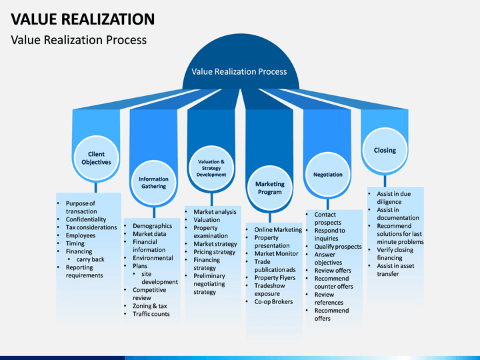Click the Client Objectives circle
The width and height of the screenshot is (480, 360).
pyautogui.click(x=96, y=158)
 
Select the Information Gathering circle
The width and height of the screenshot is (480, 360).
pyautogui.click(x=154, y=183)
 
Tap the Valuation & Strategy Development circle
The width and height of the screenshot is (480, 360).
pyautogui.click(x=211, y=168)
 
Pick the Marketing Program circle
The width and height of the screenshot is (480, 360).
pyautogui.click(x=270, y=188)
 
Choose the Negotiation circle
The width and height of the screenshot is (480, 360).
pyautogui.click(x=328, y=175)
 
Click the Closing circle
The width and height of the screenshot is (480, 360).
pyautogui.click(x=385, y=150)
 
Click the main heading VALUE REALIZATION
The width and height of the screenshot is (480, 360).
pyautogui.click(x=83, y=19)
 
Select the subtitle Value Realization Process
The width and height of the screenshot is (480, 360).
pyautogui.click(x=79, y=40)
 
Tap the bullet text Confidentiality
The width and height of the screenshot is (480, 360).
pyautogui.click(x=86, y=219)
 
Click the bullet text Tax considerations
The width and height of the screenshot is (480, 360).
pyautogui.click(x=91, y=227)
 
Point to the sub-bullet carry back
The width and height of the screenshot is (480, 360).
pyautogui.click(x=90, y=259)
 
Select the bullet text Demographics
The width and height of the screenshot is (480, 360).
pyautogui.click(x=152, y=226)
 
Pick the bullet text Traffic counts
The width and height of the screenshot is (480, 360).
pyautogui.click(x=151, y=314)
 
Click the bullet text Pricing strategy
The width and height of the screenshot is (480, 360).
pyautogui.click(x=214, y=252)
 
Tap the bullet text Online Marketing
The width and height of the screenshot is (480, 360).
pyautogui.click(x=278, y=229)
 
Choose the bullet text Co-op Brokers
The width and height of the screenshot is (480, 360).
pyautogui.click(x=273, y=301)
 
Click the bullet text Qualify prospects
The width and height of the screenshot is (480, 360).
pyautogui.click(x=338, y=247)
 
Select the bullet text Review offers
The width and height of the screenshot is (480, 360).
pyautogui.click(x=333, y=270)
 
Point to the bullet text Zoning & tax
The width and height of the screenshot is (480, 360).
pyautogui.click(x=150, y=306)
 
